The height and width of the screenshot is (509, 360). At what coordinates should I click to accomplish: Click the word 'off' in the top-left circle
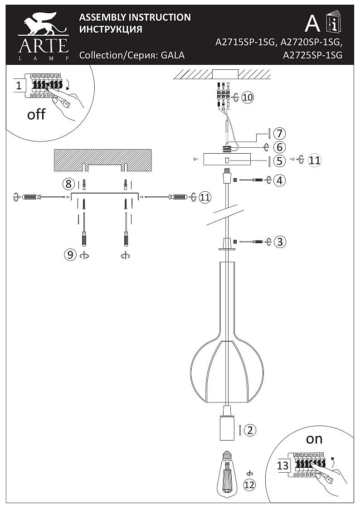point(36,114)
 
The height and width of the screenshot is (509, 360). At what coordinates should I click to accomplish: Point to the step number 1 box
point(19,85)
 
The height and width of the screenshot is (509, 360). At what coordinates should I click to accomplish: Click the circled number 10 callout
point(247,97)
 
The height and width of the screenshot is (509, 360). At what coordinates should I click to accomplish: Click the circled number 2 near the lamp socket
point(249,430)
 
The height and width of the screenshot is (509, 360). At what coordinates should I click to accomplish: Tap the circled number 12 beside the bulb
point(249,485)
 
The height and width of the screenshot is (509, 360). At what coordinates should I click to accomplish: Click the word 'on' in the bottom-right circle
point(314,439)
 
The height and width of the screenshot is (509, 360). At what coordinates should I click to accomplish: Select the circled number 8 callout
point(69,184)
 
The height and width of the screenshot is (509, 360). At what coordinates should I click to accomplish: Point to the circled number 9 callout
point(70,255)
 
